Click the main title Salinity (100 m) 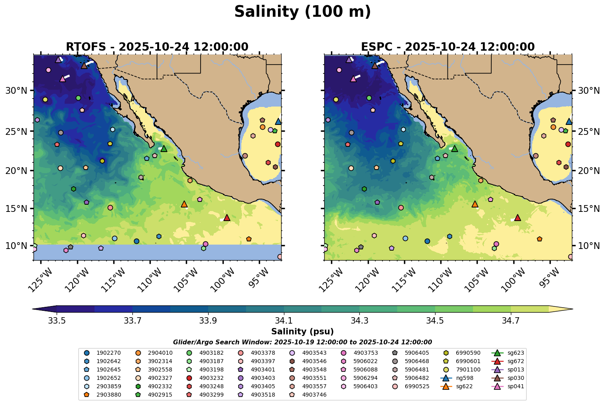[302, 12]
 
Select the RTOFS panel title [157, 47]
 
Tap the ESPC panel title [447, 47]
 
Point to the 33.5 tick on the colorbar [57, 320]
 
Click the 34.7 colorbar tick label [511, 320]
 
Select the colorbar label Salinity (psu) [302, 332]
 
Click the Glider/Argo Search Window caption [302, 342]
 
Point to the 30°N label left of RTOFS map [16, 91]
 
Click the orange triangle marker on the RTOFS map [184, 204]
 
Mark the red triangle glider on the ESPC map [518, 218]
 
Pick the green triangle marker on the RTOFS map [164, 149]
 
